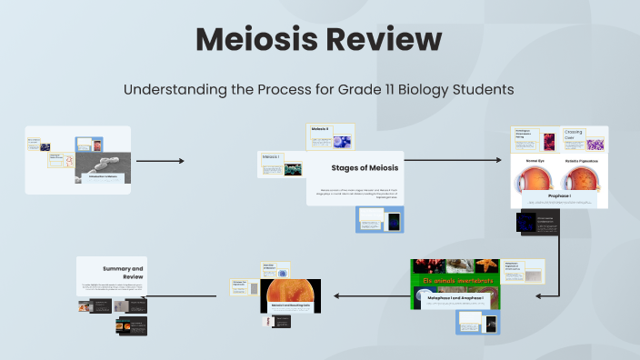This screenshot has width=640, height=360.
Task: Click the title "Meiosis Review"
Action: coord(319,40)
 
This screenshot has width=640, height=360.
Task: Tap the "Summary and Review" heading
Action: coord(124,274)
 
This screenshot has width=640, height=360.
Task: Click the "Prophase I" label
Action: coord(558,195)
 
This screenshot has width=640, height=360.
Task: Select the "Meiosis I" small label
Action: coord(271,156)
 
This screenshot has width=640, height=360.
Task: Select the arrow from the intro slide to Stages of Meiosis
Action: coord(160,161)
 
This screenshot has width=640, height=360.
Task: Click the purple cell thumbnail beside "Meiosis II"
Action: coord(343,141)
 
